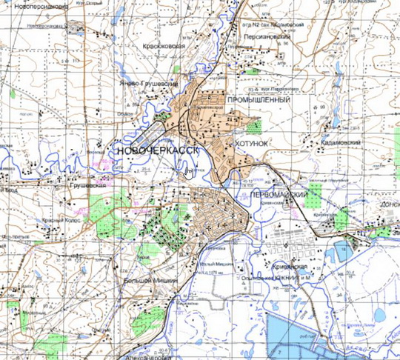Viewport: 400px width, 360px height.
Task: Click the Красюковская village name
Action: click(177, 44)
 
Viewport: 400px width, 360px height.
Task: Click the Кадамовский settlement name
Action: click(341, 142)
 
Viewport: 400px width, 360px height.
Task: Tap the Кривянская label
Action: click(287, 264)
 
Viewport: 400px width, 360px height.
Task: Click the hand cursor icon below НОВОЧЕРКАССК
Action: click(190, 172)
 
